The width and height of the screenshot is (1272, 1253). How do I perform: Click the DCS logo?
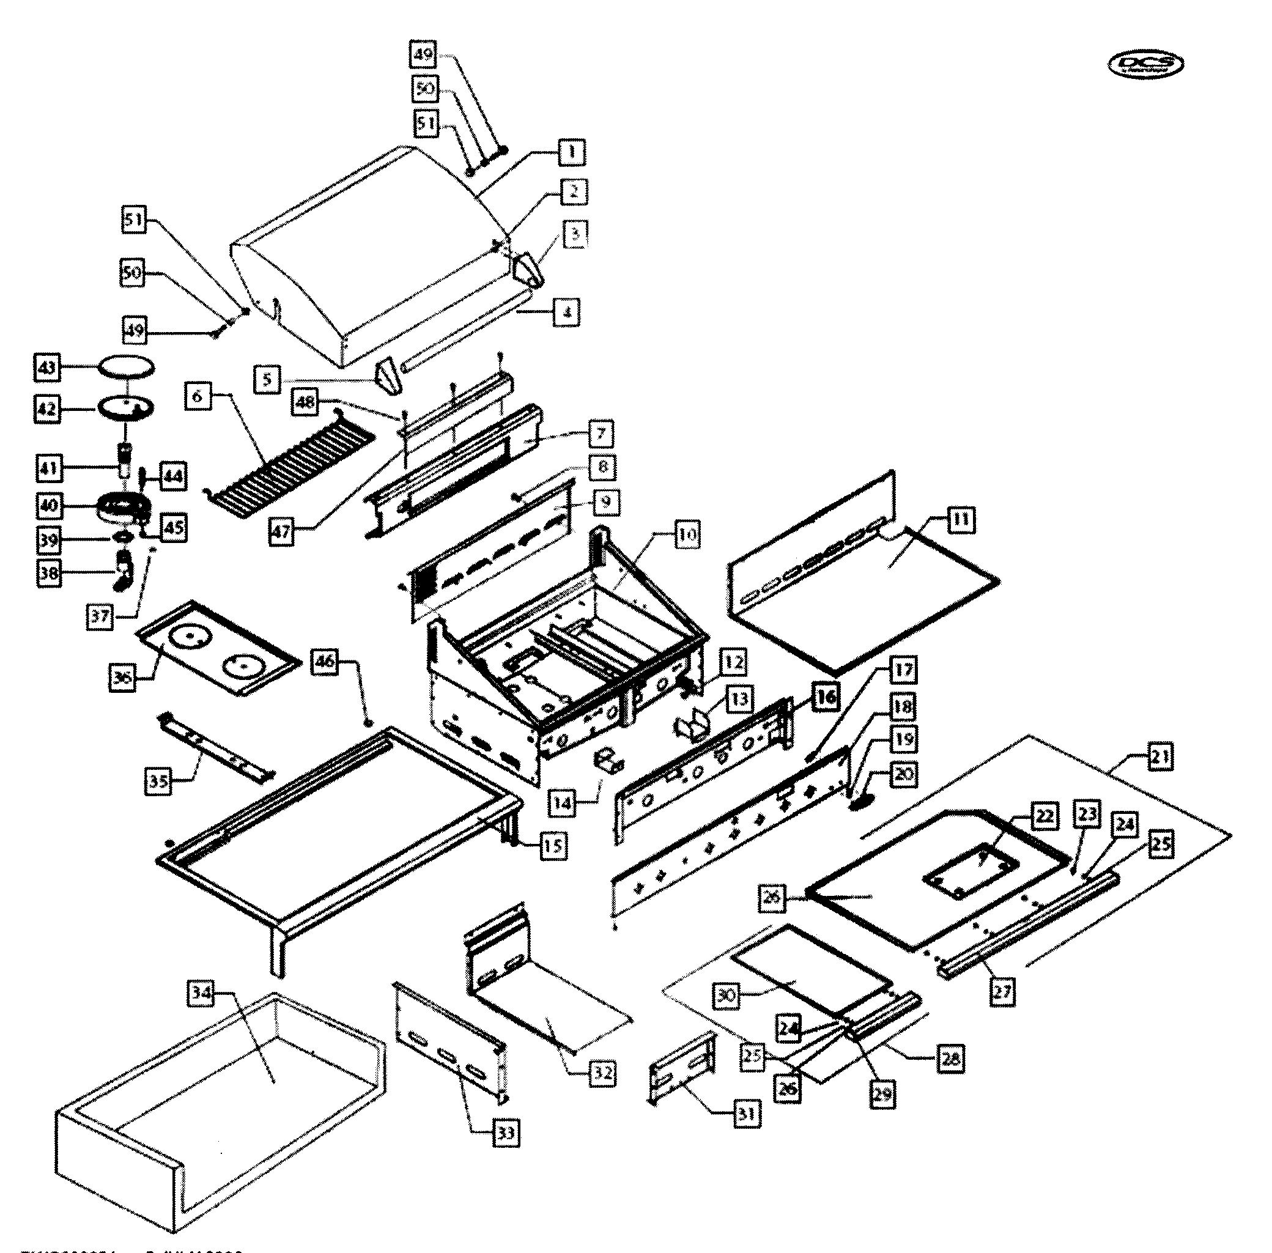point(1145,64)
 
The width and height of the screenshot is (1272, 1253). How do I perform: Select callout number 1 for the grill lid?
point(572,152)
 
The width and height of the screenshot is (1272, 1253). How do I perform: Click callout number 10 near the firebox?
point(687,534)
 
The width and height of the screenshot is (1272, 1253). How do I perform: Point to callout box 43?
point(46,367)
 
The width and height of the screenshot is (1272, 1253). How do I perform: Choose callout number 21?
point(1160,757)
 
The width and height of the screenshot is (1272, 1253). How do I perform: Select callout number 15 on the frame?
point(553,846)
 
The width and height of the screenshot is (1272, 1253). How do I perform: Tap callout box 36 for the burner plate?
point(122,676)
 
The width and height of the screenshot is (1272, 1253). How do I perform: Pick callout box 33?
point(505,1133)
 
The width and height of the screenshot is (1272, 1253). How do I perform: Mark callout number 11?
point(961,520)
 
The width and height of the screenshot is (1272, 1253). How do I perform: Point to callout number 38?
point(49,572)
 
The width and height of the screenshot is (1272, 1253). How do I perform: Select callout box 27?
point(1002,991)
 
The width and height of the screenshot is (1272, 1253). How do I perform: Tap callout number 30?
point(726,995)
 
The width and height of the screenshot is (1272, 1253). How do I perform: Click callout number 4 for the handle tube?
point(566,312)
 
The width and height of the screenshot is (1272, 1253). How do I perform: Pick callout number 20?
point(903,774)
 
